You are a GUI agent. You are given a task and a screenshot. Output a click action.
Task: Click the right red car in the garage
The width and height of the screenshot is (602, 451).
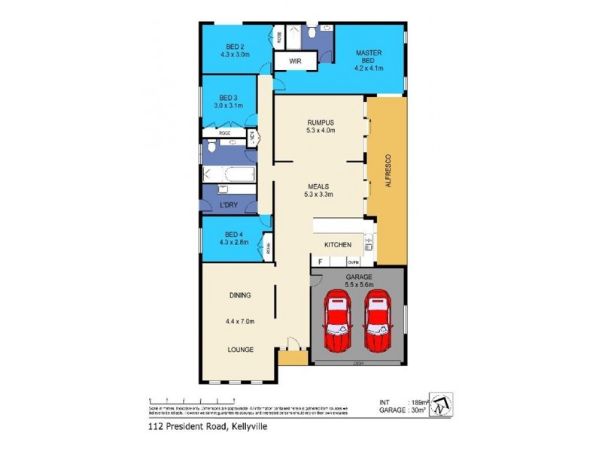coord(379,324)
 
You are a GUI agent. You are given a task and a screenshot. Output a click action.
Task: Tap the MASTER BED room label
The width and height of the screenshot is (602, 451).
coord(369,56)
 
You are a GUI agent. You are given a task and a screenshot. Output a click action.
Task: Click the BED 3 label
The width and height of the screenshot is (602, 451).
coord(229,98)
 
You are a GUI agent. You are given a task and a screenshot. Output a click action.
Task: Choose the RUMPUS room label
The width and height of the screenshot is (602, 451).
coord(320,122)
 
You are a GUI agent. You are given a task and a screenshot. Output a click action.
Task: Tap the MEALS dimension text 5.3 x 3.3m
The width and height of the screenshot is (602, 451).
coord(320,193)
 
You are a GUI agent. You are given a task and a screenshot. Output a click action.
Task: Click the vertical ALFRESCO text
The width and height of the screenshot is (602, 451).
coord(389,168)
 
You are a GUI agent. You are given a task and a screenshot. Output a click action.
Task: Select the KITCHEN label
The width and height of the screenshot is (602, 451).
coord(338,245)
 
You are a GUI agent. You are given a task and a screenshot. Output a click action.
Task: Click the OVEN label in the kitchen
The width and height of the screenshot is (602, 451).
coord(353,262)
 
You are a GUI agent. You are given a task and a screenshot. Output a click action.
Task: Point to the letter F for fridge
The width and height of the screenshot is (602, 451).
coord(320,262)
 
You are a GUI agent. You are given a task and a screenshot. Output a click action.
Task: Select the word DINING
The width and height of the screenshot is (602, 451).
coord(241,295)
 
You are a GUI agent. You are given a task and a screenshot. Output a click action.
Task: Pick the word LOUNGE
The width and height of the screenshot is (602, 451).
coord(241,350)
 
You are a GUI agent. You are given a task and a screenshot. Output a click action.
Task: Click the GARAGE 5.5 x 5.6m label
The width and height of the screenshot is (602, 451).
coord(358,280)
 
